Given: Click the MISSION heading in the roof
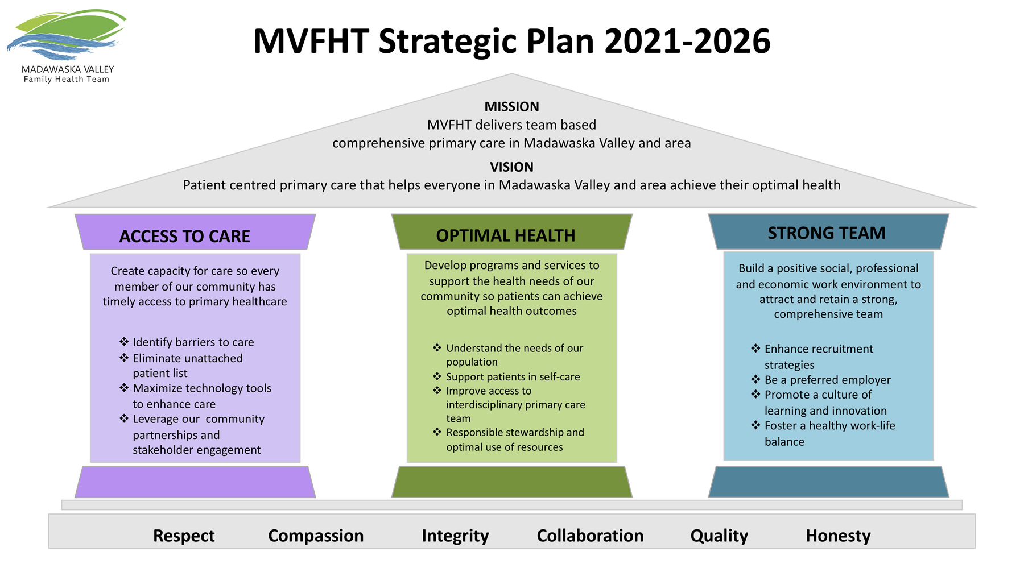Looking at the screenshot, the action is pyautogui.click(x=511, y=107).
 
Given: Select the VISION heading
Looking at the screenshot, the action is pyautogui.click(x=511, y=167).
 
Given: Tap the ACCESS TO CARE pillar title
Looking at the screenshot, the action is pyautogui.click(x=184, y=236).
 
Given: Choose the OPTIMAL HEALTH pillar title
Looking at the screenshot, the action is pyautogui.click(x=505, y=235).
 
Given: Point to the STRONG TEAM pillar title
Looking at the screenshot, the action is pyautogui.click(x=827, y=233).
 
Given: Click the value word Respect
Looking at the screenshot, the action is pyautogui.click(x=184, y=536).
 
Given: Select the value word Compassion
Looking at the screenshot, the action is pyautogui.click(x=316, y=536).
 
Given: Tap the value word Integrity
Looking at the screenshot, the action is pyautogui.click(x=455, y=536).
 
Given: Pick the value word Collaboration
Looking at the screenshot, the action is pyautogui.click(x=590, y=536).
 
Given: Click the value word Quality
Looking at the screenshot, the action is pyautogui.click(x=719, y=536).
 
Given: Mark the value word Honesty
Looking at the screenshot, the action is pyautogui.click(x=838, y=536).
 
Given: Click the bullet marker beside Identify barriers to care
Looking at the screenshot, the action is pyautogui.click(x=124, y=342).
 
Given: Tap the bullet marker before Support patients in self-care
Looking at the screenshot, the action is pyautogui.click(x=437, y=376).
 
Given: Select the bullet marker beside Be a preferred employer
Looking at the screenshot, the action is pyautogui.click(x=755, y=379).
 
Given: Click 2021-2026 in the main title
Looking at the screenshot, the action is pyautogui.click(x=687, y=42).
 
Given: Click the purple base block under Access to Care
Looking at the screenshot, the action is pyautogui.click(x=195, y=482).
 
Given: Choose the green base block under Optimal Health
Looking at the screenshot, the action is pyautogui.click(x=512, y=482).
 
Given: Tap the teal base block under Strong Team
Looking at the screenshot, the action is pyautogui.click(x=828, y=482).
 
